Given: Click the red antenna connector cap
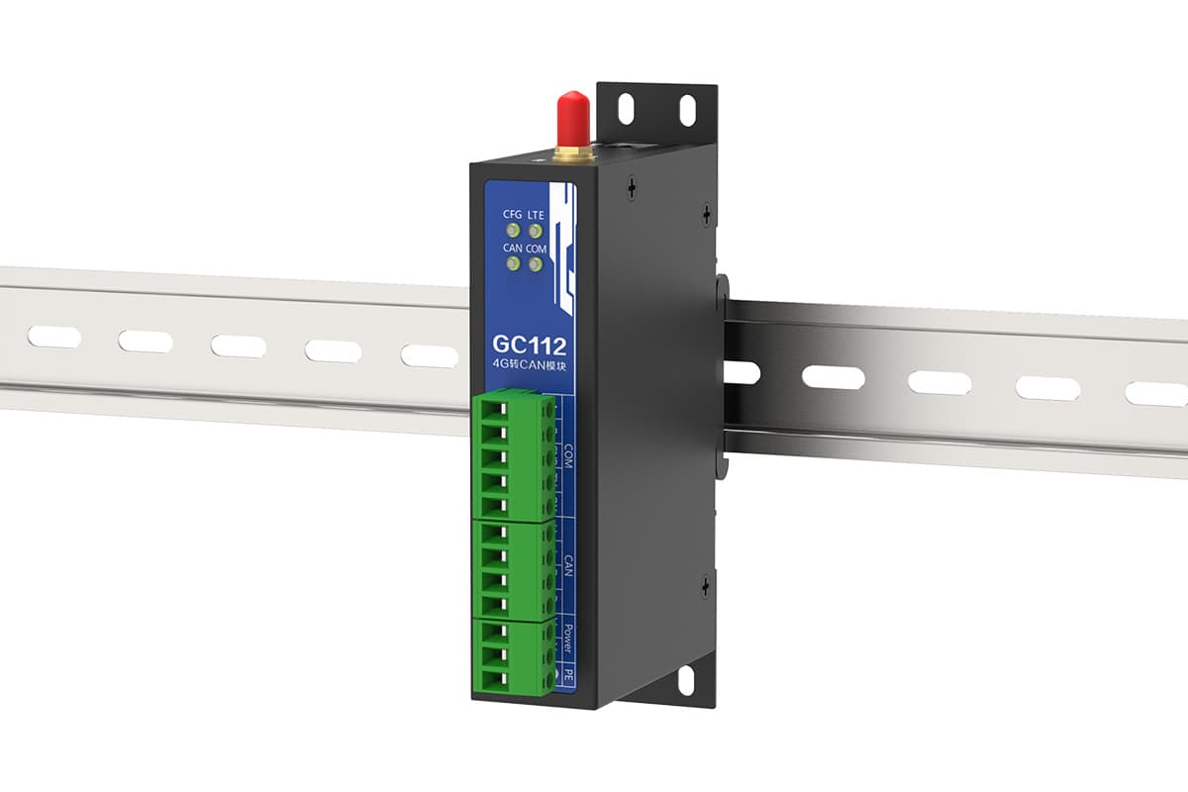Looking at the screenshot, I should [570, 116].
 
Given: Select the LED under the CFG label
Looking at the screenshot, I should [513, 232].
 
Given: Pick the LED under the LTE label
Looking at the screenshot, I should [536, 232].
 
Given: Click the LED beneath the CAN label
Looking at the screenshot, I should [513, 264].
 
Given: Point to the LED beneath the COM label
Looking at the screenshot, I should [536, 264].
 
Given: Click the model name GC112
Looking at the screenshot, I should [529, 346].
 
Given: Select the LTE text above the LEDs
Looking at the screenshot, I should [536, 214].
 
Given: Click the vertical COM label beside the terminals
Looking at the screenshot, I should [568, 456].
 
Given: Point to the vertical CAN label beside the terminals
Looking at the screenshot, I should [568, 565].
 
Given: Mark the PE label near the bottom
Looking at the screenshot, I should [568, 674].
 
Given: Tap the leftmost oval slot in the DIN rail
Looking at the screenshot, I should [53, 337].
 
